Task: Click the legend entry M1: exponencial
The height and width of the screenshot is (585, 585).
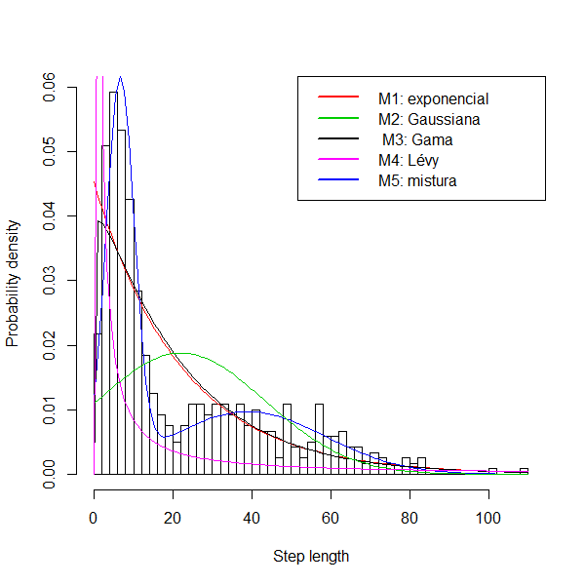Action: tap(433, 98)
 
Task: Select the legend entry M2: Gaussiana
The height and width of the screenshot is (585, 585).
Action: tap(429, 119)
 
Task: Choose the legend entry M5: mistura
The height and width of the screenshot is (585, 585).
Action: tap(417, 180)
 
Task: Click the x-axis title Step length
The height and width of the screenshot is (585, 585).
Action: tap(310, 557)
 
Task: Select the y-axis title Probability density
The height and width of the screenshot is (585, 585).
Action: tap(14, 281)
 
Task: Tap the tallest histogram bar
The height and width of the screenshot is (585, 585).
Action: tap(113, 283)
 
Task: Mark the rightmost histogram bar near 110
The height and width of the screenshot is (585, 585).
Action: tap(525, 471)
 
